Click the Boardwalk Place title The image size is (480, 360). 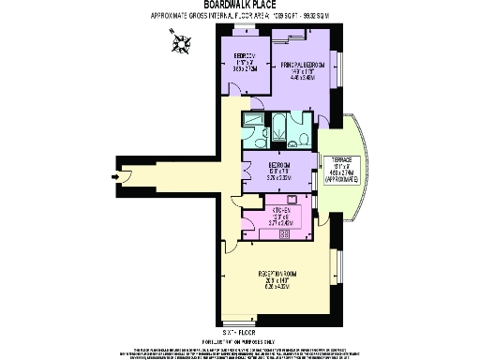pos(239,5)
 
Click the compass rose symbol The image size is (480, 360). pos(180,40)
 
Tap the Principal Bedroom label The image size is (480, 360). pos(302,66)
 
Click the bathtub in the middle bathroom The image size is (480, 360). pos(280,121)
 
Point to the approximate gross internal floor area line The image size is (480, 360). pos(239,17)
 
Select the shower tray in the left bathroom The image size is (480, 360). pos(251,120)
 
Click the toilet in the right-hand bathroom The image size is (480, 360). pos(305,137)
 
